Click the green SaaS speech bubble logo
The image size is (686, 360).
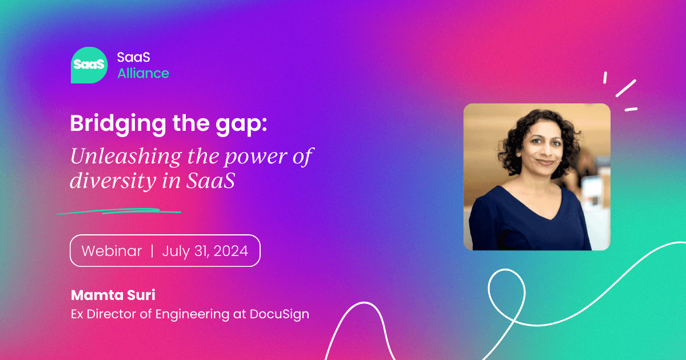(89, 65)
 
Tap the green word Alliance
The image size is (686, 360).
(143, 74)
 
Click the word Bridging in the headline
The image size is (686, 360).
(118, 124)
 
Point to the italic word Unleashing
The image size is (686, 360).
(126, 157)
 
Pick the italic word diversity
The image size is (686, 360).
(113, 181)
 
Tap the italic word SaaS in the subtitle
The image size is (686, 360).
(211, 181)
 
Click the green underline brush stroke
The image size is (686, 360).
(119, 211)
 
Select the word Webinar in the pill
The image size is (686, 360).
(111, 251)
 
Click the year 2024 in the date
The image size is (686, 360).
(230, 251)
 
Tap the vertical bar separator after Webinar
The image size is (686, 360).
(152, 251)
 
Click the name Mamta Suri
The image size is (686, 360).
(113, 295)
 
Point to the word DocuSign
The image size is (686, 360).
(280, 314)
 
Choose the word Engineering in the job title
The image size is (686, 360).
(192, 314)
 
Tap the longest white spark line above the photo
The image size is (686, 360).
(626, 88)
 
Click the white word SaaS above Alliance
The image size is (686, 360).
(134, 57)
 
